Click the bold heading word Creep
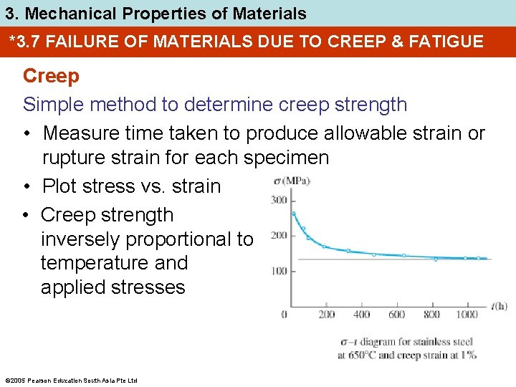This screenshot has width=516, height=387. click(51, 75)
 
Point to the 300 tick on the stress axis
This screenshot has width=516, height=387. click(279, 200)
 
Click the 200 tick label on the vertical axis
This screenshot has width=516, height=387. click(279, 236)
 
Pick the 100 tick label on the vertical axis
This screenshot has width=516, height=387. click(279, 271)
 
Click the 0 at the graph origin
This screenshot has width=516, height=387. click(285, 315)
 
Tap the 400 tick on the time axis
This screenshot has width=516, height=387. click(362, 315)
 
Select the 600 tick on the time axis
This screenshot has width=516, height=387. click(396, 315)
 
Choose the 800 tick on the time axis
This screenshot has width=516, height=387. click(431, 315)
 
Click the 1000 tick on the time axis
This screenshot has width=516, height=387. click(467, 315)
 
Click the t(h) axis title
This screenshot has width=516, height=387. click(499, 306)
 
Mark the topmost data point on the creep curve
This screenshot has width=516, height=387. click(294, 213)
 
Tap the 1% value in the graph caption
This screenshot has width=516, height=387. click(469, 355)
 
